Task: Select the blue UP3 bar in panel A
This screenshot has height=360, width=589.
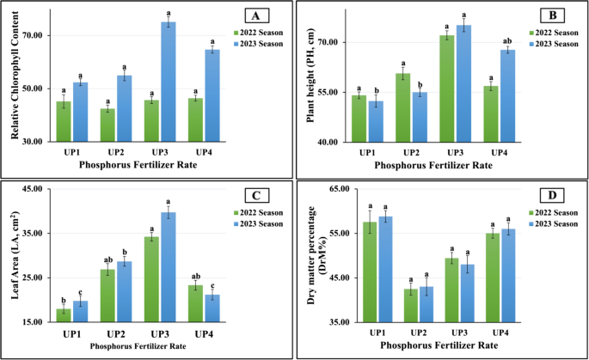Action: [x=169, y=82]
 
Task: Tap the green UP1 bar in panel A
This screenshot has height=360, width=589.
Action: [x=64, y=121]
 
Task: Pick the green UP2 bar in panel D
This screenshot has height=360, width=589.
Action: [x=411, y=305]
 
